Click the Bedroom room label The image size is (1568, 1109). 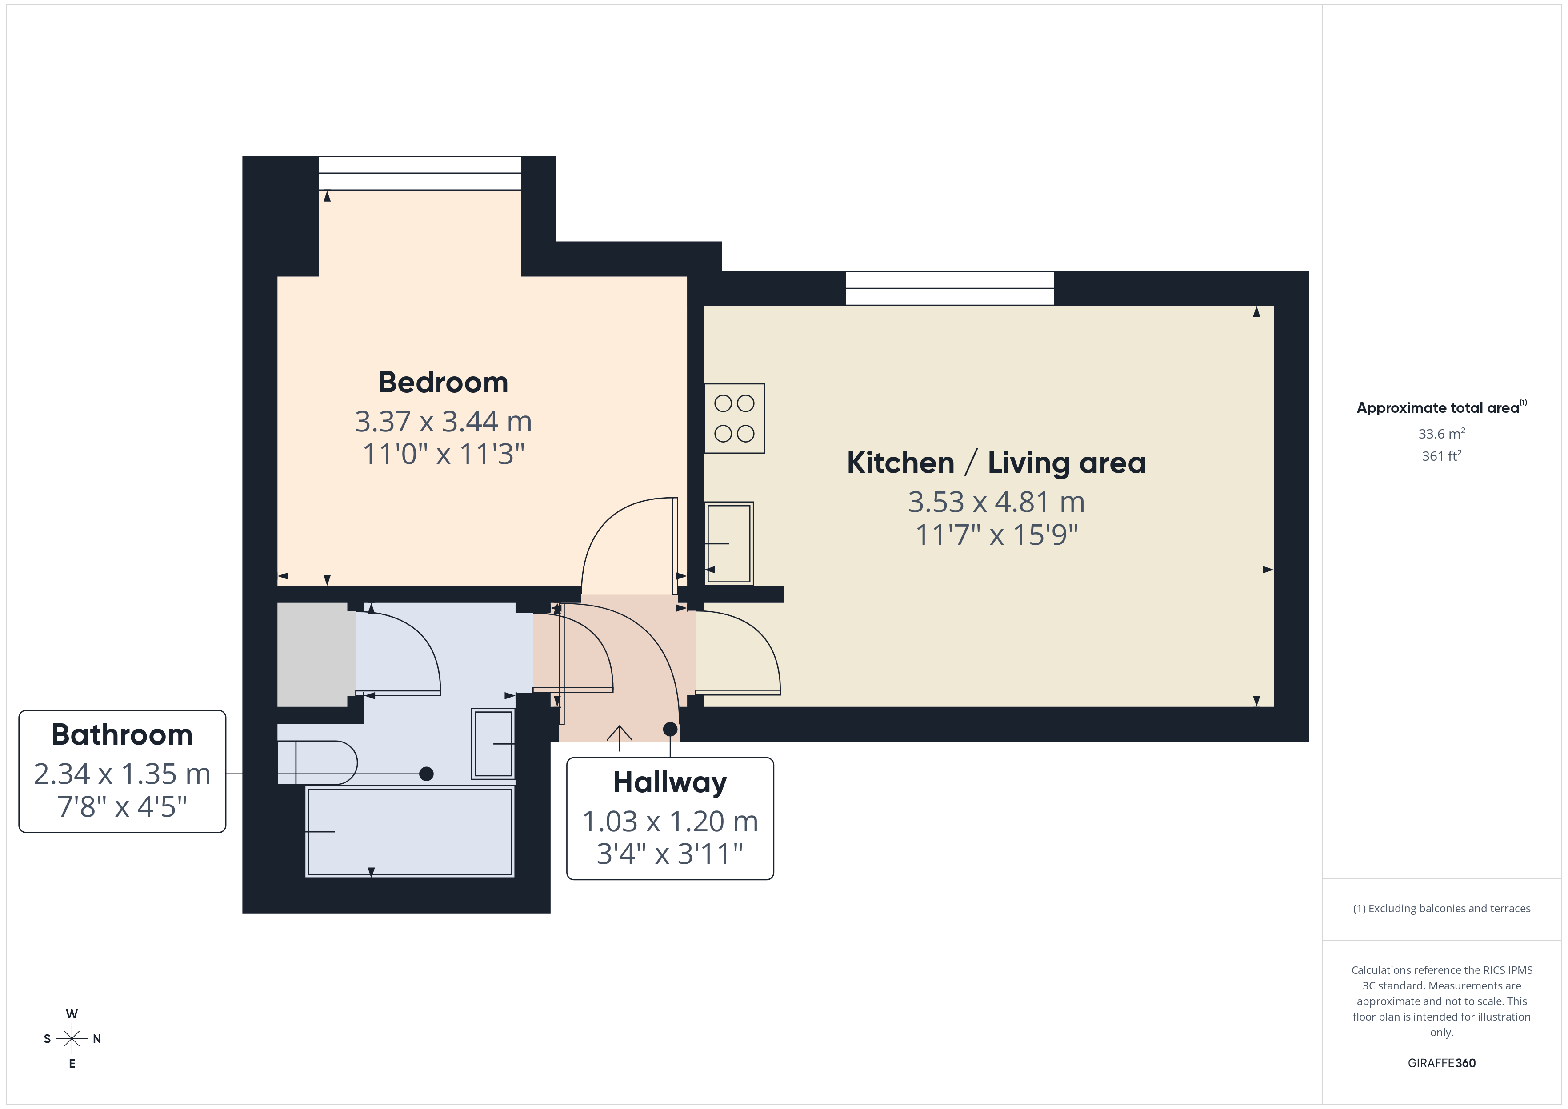(x=443, y=383)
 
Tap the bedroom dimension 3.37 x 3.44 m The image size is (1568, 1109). (x=443, y=421)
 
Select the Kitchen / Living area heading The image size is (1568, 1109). (x=996, y=463)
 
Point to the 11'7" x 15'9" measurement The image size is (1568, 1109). (x=996, y=535)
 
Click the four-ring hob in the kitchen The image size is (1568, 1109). (x=734, y=418)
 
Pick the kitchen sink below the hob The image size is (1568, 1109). (x=729, y=543)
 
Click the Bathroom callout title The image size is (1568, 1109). (x=122, y=735)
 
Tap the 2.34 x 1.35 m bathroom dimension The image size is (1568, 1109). (x=122, y=774)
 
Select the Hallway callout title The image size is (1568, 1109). (x=670, y=782)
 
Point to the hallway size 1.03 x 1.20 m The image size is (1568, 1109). (x=670, y=821)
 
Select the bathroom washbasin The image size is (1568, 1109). (x=493, y=744)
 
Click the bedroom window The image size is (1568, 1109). (x=420, y=173)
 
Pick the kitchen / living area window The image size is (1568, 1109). (x=949, y=288)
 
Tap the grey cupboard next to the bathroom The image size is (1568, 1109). (x=316, y=654)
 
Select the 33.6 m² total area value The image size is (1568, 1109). (x=1442, y=434)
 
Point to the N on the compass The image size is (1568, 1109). (x=97, y=1039)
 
